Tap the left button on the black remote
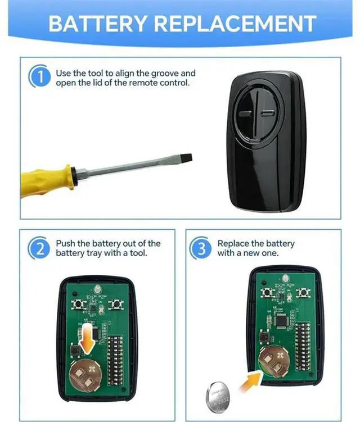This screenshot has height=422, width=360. coord(246,112)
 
